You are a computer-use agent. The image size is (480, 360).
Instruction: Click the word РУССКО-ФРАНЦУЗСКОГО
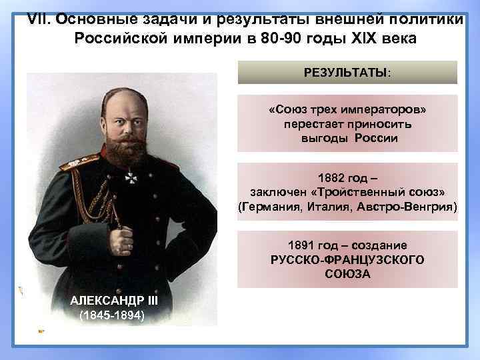(x=347, y=259)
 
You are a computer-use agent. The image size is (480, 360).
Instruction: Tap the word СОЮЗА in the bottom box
(x=347, y=274)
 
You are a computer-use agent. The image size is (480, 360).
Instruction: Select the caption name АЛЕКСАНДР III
(x=113, y=300)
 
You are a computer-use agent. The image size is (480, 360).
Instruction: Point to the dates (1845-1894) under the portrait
(x=111, y=315)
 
